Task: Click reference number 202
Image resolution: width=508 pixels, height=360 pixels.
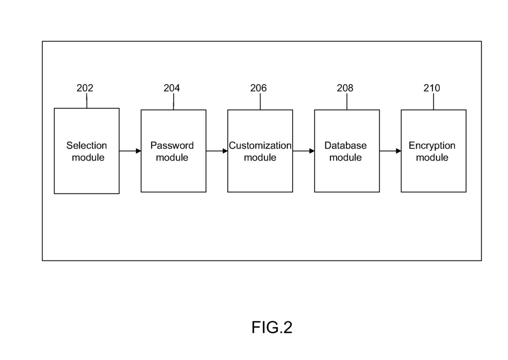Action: (x=85, y=88)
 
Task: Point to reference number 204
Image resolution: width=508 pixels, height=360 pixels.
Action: (x=172, y=88)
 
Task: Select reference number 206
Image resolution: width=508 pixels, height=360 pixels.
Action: (x=258, y=88)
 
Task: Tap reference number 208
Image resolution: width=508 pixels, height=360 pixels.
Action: (x=345, y=88)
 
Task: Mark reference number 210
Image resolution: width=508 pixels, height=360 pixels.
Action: (x=432, y=88)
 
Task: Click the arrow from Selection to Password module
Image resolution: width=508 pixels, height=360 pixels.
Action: (x=130, y=151)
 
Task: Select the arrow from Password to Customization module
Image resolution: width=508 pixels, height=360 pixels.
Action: (x=217, y=151)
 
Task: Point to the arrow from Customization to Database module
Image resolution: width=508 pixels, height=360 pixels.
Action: (x=304, y=151)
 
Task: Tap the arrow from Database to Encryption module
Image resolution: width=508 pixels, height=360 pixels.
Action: (x=390, y=151)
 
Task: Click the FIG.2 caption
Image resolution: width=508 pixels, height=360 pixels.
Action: (x=272, y=327)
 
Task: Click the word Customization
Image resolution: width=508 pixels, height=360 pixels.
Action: (x=260, y=146)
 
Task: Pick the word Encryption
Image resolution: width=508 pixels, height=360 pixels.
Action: (x=432, y=146)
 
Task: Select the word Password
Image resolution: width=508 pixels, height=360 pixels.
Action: (x=172, y=146)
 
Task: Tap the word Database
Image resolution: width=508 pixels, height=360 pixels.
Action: (x=346, y=146)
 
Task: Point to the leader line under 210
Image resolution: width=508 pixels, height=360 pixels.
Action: (x=434, y=102)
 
